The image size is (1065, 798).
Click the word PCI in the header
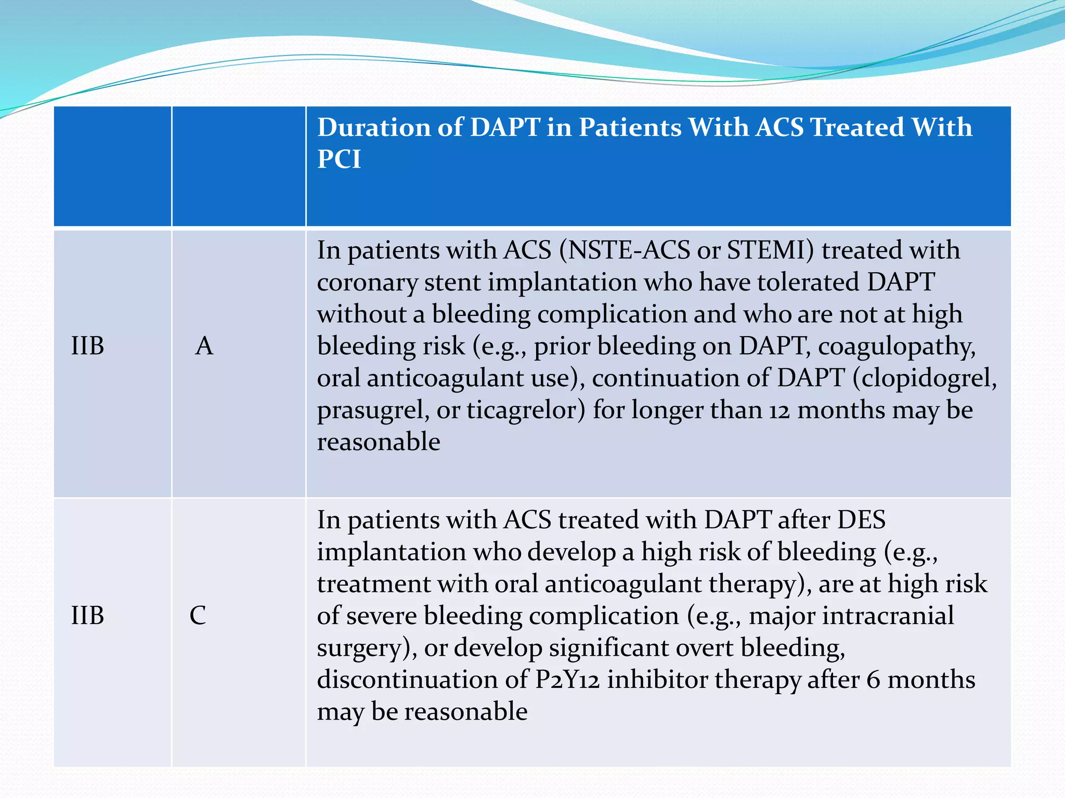pos(339,159)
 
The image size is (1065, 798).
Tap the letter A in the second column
pos(204,346)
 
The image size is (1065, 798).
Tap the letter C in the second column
pos(198,616)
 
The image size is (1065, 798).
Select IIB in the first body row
pos(87,346)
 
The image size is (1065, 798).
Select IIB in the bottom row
pos(87,616)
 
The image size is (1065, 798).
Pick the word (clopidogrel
pos(924,378)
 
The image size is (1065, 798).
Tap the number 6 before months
pos(873,680)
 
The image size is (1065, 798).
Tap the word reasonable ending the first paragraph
pos(379,442)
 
